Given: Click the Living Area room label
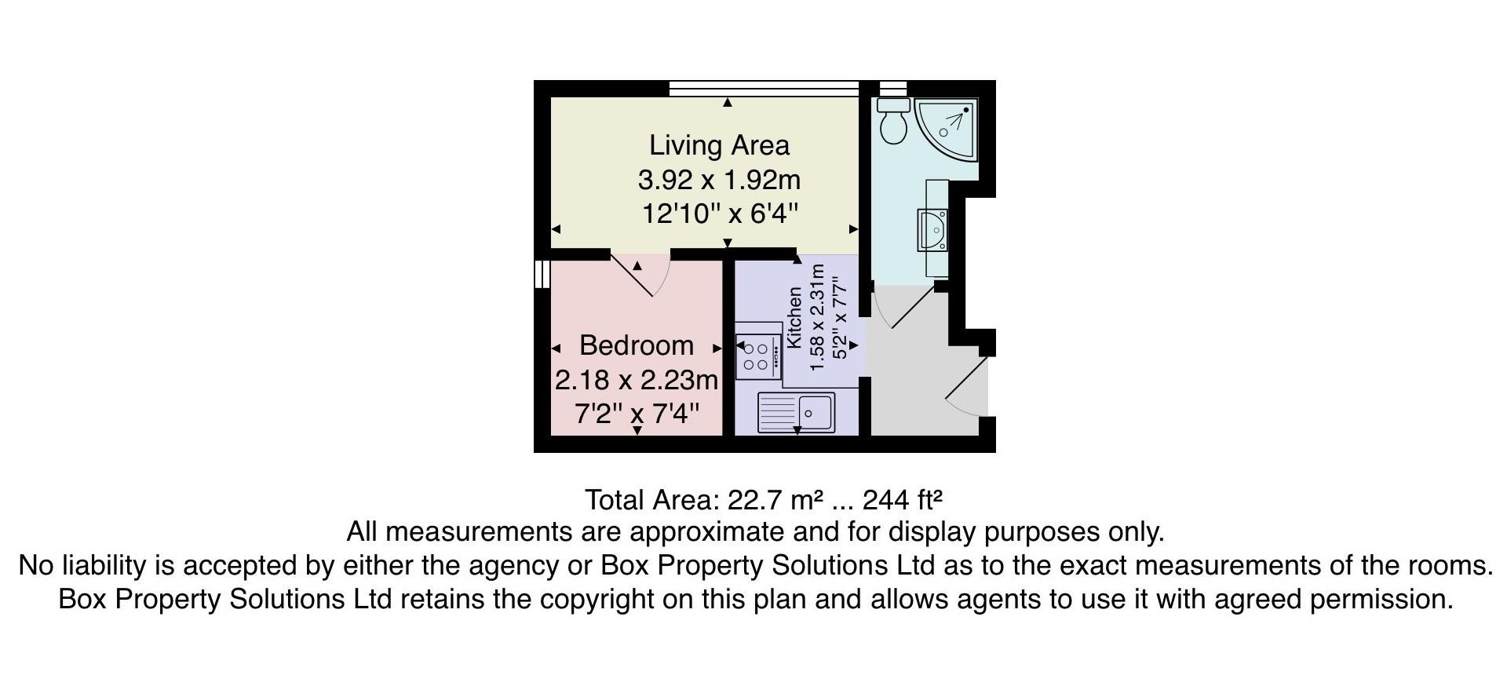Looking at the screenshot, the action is coord(719,145).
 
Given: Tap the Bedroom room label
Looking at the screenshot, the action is coord(637,345).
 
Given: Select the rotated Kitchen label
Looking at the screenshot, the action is coord(794,317).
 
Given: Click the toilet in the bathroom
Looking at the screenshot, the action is coord(893,121).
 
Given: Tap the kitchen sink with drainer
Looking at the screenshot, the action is coord(796,413).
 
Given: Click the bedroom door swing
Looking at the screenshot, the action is coord(640,276).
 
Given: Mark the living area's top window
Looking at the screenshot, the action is coord(764,89).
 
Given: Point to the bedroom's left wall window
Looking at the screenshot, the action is coord(542,274).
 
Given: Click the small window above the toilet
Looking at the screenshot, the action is coord(893,88).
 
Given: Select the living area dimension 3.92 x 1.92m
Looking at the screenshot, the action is coord(719,180).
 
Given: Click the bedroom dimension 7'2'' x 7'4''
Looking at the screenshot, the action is coord(637,413).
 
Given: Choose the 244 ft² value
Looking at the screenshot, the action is coord(903,500).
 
